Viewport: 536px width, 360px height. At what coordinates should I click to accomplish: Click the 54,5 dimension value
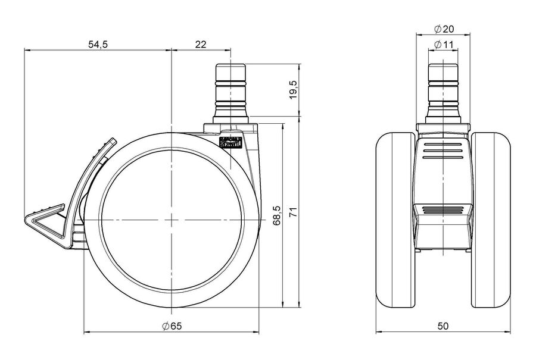click(98, 45)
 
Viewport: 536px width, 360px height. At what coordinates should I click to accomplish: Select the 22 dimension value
click(201, 45)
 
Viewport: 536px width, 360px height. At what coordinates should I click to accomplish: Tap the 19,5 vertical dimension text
click(294, 90)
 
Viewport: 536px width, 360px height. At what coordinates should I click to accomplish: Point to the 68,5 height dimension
click(277, 215)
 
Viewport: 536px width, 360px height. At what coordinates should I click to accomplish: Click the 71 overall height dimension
click(294, 212)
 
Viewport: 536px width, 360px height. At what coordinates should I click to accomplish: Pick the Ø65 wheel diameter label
click(172, 326)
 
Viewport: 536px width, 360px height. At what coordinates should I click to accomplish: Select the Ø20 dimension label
click(444, 29)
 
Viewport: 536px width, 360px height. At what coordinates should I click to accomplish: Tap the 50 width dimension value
click(443, 326)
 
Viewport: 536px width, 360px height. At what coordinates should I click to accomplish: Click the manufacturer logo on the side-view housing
click(230, 142)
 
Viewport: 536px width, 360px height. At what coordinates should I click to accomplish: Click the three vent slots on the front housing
click(442, 151)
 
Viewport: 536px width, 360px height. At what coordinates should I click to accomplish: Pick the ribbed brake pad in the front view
click(442, 209)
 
